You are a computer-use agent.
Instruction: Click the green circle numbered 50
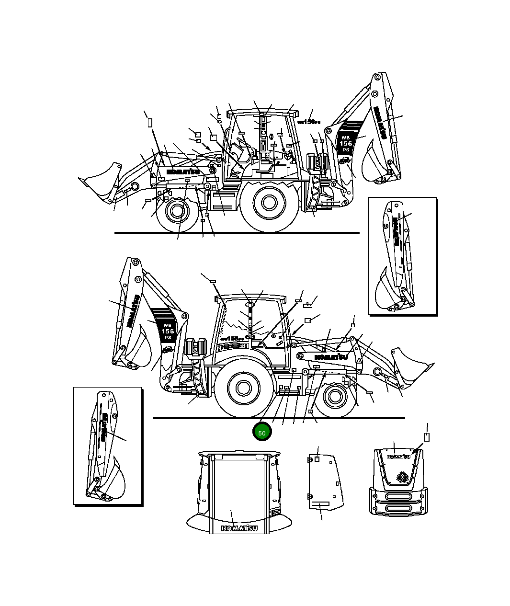coord(262,432)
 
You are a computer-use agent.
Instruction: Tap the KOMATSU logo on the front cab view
coord(239,528)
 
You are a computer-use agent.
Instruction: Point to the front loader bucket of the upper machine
coord(102,181)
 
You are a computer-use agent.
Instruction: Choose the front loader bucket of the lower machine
coord(410,366)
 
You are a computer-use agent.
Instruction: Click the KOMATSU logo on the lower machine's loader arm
coord(331,357)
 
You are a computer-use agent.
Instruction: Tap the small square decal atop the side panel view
coord(317,458)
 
